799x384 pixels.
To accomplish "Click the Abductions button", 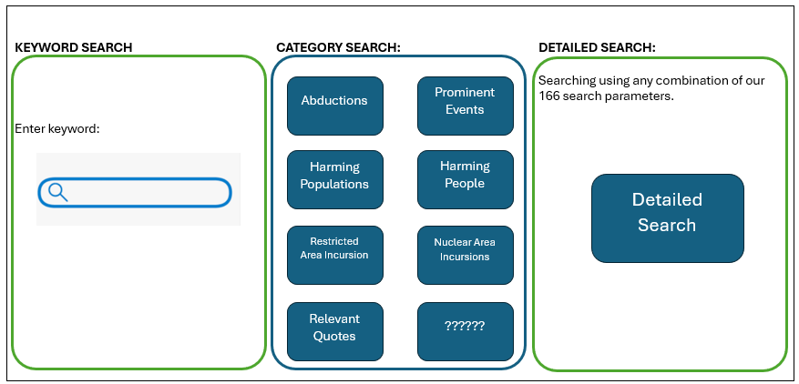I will tap(334, 101).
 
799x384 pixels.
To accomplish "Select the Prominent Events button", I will tap(465, 101).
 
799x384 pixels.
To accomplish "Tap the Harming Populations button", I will tap(334, 176).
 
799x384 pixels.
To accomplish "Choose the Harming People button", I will tap(465, 175).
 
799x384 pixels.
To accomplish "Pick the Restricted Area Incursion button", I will tap(334, 248).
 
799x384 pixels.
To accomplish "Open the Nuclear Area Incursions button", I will tap(465, 249).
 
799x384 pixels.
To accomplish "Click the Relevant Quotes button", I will tap(334, 328).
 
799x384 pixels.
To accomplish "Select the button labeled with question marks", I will tap(465, 326).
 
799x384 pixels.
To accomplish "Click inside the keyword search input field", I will tap(146, 192).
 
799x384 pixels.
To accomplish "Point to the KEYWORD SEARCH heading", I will tap(73, 47).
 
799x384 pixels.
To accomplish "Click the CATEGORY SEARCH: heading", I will tap(338, 47).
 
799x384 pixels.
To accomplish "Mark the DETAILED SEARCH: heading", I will tap(597, 47).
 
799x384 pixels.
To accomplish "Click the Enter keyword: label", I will tap(57, 129).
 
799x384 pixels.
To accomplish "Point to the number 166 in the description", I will tap(550, 96).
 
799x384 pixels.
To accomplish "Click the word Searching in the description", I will tap(566, 81).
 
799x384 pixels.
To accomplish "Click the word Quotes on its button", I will tap(334, 336).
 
